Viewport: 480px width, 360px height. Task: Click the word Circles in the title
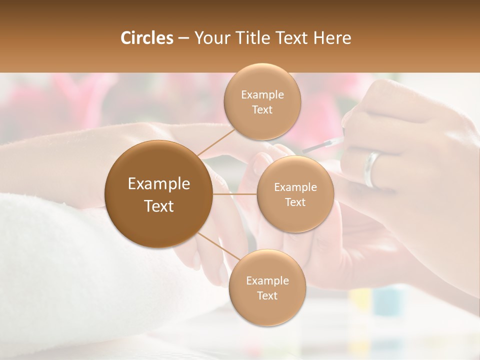point(146,38)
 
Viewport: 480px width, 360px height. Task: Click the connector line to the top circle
point(216,141)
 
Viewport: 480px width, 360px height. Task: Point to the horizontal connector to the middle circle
point(235,194)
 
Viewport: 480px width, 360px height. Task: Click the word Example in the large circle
point(159,184)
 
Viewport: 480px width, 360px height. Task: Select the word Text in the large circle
point(159,206)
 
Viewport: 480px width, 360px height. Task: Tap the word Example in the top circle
point(262,95)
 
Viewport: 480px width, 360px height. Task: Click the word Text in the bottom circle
point(267,295)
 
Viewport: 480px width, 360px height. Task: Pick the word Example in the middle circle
point(295,187)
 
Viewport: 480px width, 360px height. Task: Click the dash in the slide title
point(183,38)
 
